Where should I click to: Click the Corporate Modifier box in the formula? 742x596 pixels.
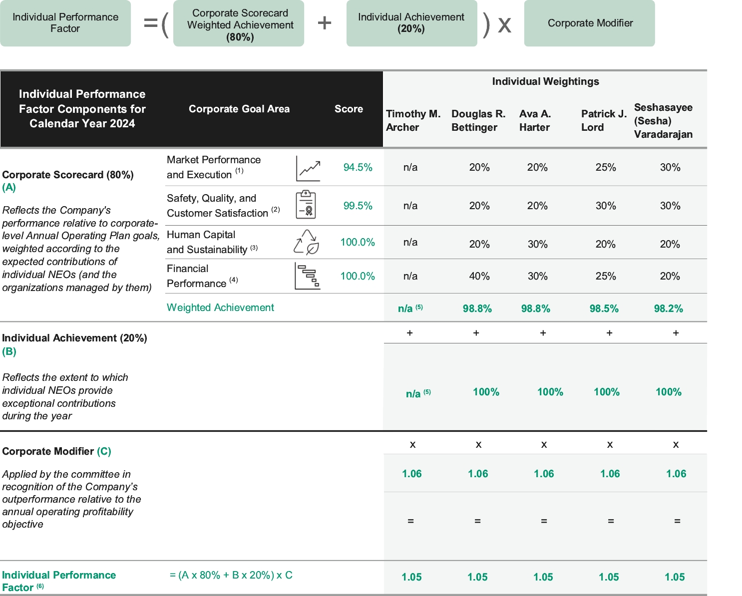click(589, 23)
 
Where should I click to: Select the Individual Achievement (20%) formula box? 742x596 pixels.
click(411, 23)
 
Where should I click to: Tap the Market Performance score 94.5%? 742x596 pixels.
click(358, 167)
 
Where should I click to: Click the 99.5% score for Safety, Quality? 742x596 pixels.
click(358, 206)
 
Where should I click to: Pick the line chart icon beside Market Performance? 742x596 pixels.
click(308, 169)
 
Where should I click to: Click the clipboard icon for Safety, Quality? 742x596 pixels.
click(306, 204)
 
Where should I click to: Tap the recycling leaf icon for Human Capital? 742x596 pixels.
click(306, 242)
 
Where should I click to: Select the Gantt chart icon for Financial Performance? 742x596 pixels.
click(307, 276)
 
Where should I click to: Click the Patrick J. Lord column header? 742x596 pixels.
click(604, 120)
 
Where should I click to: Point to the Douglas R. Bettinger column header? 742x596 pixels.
click(478, 120)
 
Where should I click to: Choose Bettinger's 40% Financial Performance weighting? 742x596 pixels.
click(479, 276)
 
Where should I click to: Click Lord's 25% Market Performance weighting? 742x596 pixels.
click(605, 167)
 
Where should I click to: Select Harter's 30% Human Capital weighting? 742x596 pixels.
click(537, 244)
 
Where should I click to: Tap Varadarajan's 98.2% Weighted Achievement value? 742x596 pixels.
click(668, 308)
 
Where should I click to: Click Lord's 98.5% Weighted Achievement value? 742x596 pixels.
click(604, 308)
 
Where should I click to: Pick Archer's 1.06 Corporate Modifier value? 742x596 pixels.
click(411, 474)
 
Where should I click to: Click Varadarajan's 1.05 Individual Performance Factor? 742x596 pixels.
click(675, 577)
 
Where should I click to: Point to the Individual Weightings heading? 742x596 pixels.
click(545, 81)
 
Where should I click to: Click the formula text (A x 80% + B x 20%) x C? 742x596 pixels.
click(231, 575)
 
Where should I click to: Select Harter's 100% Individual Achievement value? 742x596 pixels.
click(550, 392)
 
